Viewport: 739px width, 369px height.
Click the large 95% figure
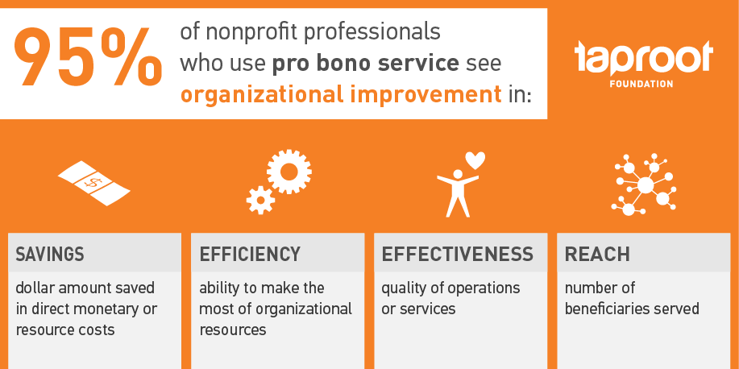pyautogui.click(x=89, y=59)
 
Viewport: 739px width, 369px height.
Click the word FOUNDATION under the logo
pyautogui.click(x=644, y=83)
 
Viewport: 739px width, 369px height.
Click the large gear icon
pyautogui.click(x=289, y=171)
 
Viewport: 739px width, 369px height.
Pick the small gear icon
pyautogui.click(x=260, y=199)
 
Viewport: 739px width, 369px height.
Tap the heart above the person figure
pyautogui.click(x=475, y=160)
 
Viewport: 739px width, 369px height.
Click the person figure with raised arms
pyautogui.click(x=457, y=192)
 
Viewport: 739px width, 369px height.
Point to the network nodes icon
pyautogui.click(x=645, y=184)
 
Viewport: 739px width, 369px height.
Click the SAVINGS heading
pyautogui.click(x=50, y=255)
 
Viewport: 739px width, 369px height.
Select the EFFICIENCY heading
pyautogui.click(x=250, y=255)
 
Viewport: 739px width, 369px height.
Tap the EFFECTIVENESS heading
pyautogui.click(x=457, y=255)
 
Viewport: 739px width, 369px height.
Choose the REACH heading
pyautogui.click(x=597, y=255)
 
